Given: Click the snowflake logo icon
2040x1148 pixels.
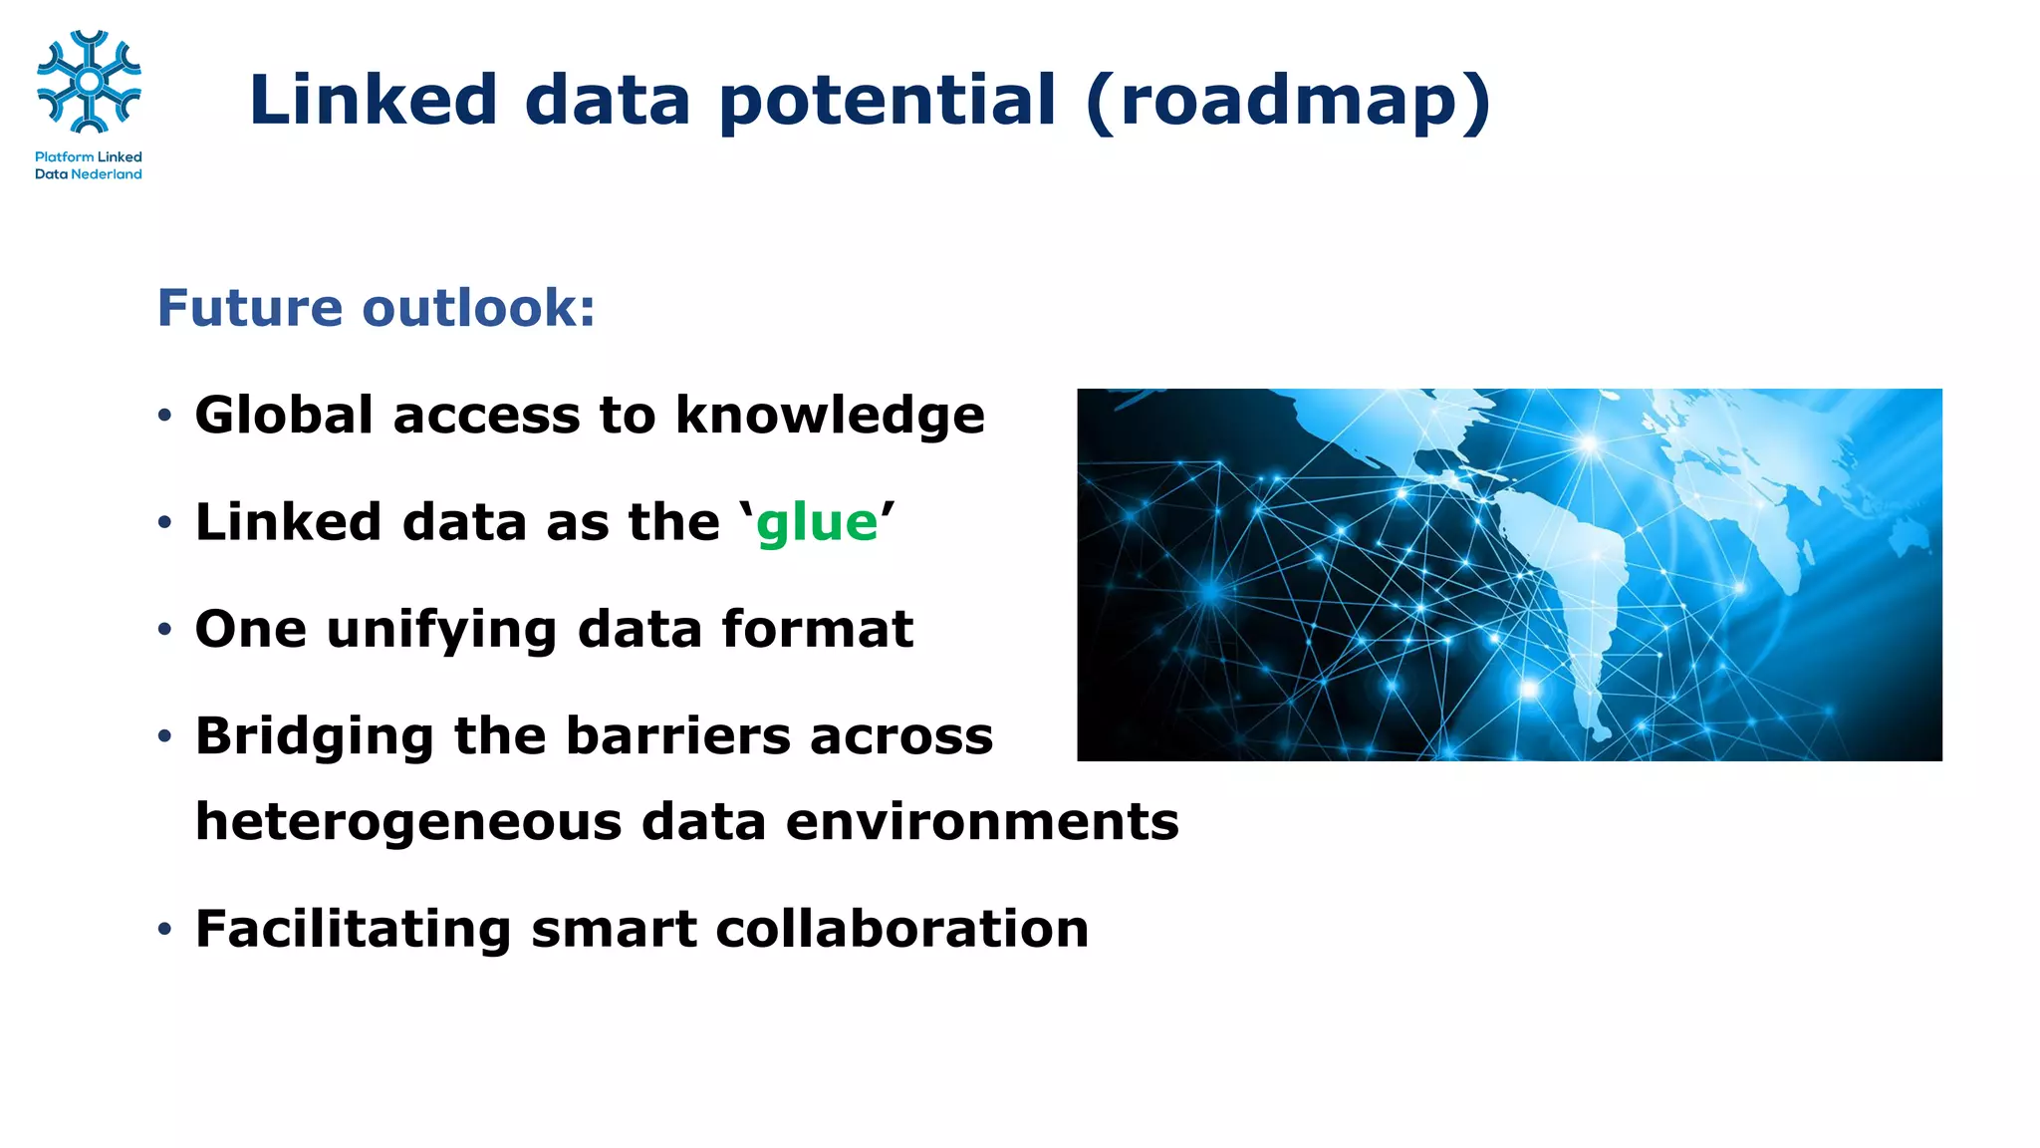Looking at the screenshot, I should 89,82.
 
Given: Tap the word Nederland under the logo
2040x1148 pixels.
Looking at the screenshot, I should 107,174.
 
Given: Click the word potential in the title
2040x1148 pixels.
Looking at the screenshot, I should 887,101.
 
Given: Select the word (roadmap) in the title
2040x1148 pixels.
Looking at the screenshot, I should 1288,101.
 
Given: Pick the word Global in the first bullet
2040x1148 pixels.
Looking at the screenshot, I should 284,415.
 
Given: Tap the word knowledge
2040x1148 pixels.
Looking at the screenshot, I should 830,417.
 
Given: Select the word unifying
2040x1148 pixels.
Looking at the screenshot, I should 441,630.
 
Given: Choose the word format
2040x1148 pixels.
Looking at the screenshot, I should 817,629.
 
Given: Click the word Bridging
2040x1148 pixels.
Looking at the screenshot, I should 314,737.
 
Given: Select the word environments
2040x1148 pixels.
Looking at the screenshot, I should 982,822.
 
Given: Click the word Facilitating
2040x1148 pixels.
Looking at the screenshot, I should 353,929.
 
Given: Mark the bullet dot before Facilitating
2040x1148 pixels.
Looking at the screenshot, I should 164,930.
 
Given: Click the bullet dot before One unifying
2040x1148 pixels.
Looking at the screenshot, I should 164,630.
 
